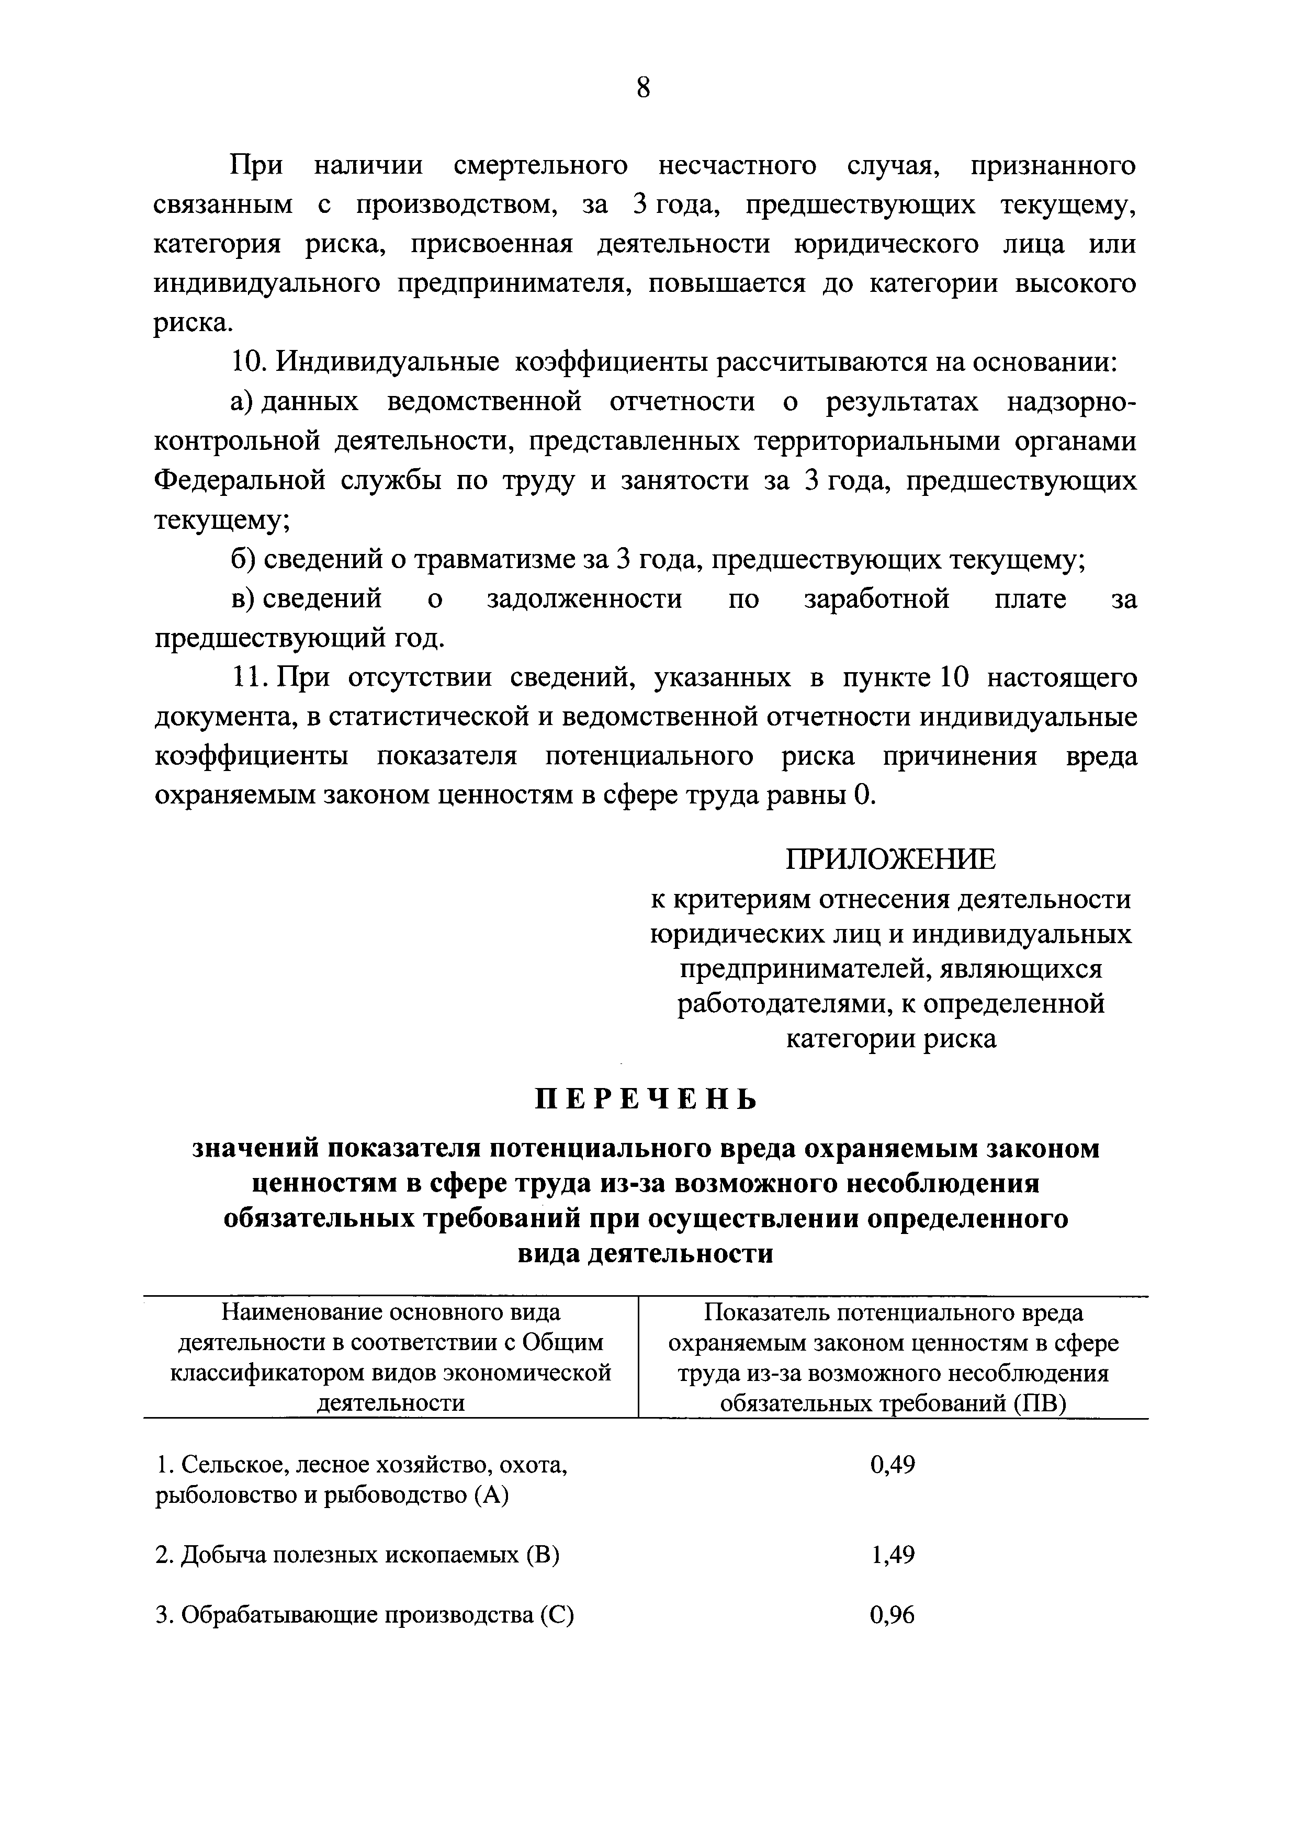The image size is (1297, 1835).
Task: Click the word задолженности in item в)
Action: click(x=584, y=599)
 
